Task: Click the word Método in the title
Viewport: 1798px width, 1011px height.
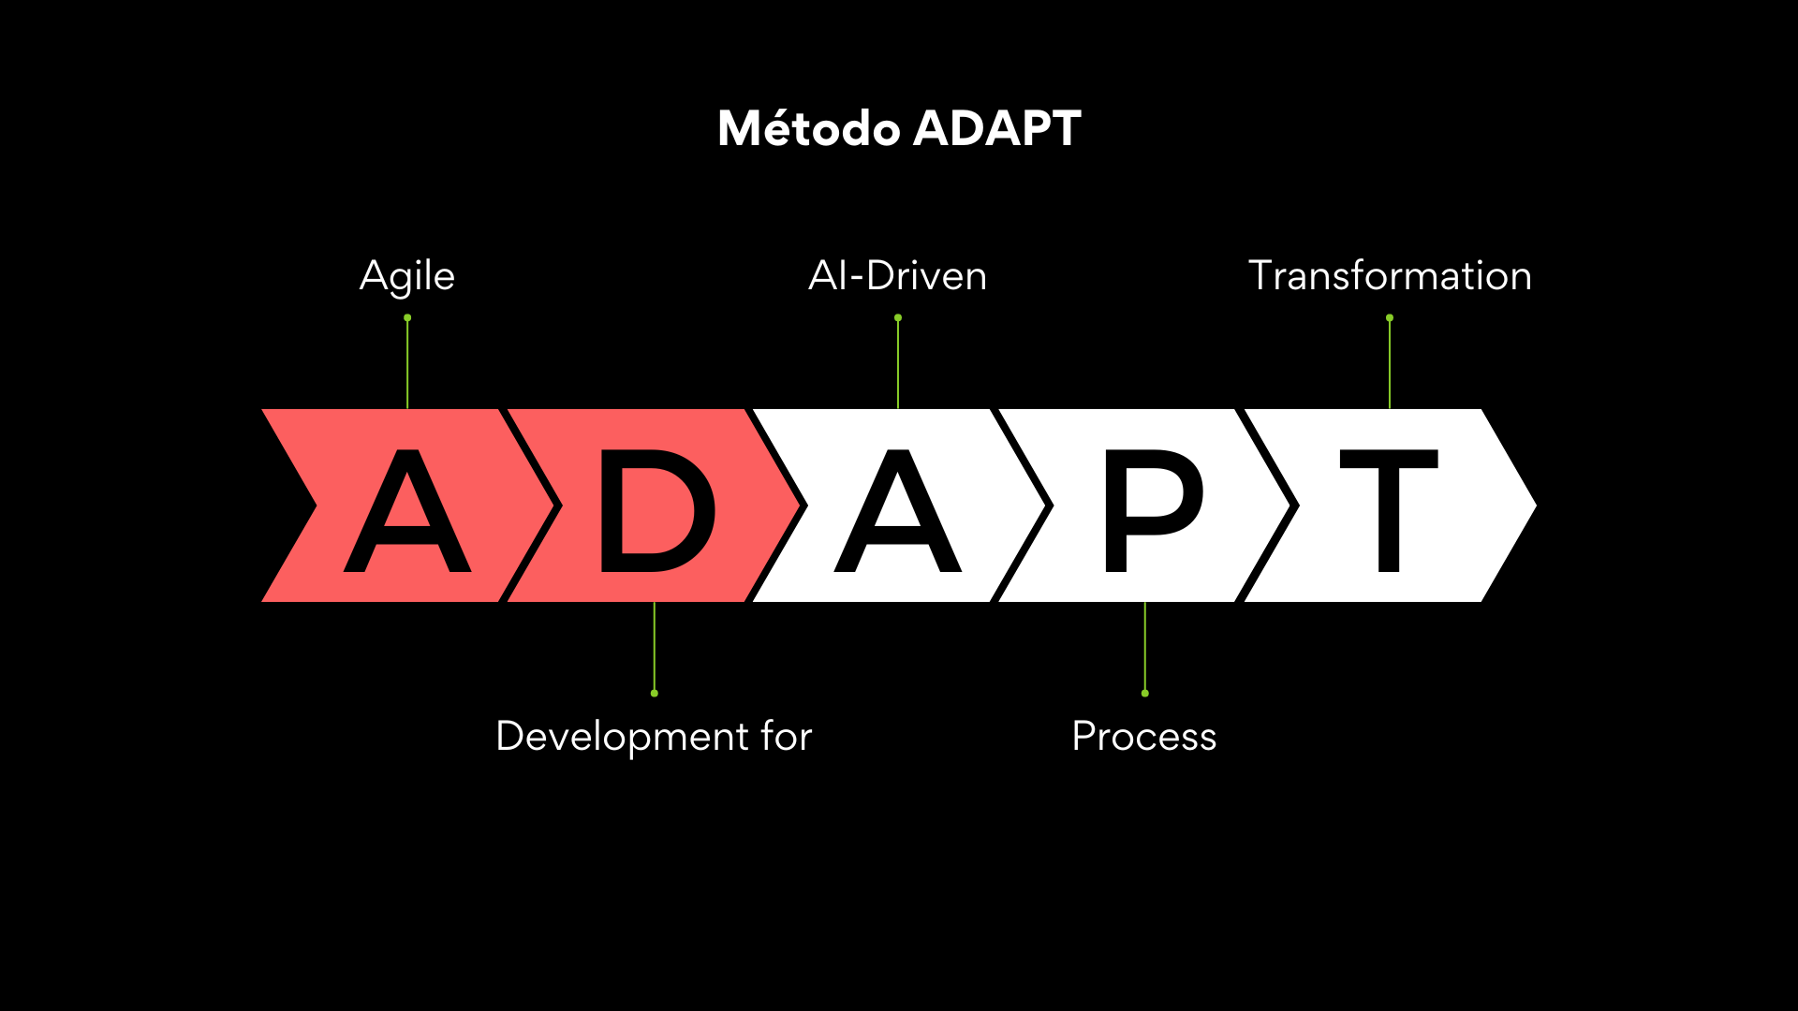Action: click(809, 128)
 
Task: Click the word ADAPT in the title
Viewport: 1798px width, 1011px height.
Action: click(997, 128)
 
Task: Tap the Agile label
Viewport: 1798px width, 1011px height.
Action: click(407, 277)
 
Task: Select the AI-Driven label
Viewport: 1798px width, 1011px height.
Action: click(898, 276)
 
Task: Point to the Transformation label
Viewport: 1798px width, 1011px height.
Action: click(1390, 276)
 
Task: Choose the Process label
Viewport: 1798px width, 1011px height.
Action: click(1144, 737)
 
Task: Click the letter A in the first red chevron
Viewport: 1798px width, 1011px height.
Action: click(407, 511)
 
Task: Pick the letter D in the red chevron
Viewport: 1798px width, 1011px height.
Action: click(657, 511)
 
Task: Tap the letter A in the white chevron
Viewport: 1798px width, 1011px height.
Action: click(898, 511)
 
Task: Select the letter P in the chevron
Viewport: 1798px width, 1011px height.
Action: click(1154, 511)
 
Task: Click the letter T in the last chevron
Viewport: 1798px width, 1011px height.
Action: click(1390, 511)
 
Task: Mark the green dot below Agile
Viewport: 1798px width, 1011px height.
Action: click(407, 318)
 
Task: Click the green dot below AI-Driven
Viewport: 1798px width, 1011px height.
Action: click(898, 318)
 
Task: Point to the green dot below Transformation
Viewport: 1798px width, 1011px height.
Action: click(1390, 318)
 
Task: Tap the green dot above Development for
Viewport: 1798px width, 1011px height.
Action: click(655, 693)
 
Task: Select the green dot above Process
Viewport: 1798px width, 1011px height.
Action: click(1145, 693)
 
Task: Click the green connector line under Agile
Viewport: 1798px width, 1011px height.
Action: click(407, 365)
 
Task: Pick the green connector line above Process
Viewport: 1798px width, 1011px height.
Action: click(1145, 646)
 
